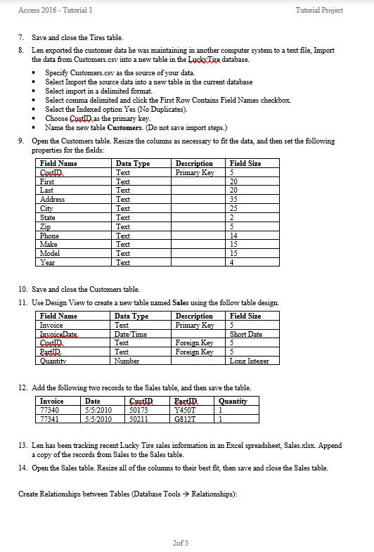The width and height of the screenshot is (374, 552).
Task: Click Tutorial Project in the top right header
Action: coord(340,10)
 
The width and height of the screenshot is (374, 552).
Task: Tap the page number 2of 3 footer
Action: coord(180,542)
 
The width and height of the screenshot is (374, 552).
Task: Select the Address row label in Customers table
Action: coord(53,199)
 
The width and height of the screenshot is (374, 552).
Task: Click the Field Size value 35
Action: coord(234,199)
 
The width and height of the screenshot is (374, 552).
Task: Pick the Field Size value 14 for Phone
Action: coord(235,236)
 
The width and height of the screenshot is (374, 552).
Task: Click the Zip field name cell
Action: coord(46,226)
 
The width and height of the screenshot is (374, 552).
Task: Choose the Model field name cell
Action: coord(50,253)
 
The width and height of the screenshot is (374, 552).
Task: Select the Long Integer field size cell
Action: coord(250,361)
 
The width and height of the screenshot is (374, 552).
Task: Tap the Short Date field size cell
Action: coord(246,334)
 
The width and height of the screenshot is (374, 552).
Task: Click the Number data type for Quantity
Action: coord(127,361)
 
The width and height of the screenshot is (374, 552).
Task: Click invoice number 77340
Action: coord(50,409)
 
